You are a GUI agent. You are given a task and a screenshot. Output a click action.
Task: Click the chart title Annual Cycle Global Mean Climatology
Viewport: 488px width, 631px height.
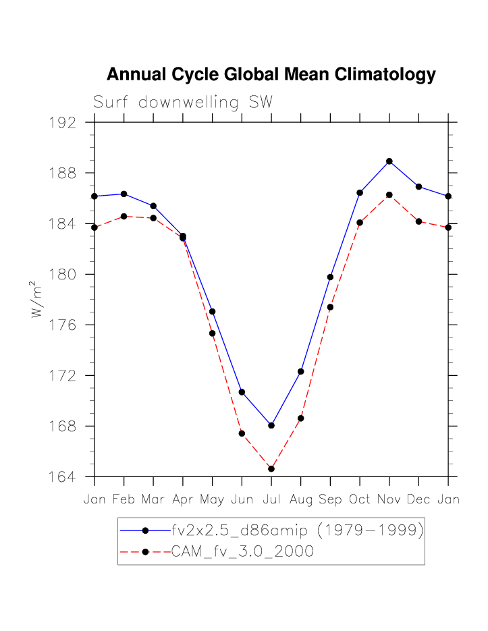(x=271, y=75)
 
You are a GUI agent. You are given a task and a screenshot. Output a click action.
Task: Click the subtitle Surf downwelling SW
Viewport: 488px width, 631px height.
(x=183, y=103)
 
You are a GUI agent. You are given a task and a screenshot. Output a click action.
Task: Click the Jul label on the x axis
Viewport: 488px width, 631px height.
(x=271, y=500)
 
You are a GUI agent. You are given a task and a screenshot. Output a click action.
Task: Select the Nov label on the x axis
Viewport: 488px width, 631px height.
(x=389, y=500)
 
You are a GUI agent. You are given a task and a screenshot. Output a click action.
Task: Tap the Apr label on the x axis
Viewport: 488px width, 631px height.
(x=182, y=500)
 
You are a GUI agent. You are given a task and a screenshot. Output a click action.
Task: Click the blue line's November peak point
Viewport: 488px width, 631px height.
(x=389, y=161)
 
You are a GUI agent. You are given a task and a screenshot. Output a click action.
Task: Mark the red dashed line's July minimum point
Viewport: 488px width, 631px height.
(x=271, y=469)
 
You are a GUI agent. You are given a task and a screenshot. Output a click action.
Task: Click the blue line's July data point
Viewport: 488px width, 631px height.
(x=271, y=425)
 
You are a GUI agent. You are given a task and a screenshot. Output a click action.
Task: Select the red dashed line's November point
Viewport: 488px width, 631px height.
(x=389, y=195)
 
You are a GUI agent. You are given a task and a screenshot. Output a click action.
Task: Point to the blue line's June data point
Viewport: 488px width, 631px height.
(x=242, y=392)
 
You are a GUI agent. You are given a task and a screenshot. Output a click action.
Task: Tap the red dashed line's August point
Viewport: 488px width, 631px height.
(x=300, y=418)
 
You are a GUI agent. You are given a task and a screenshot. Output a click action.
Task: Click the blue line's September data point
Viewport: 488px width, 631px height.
(x=330, y=277)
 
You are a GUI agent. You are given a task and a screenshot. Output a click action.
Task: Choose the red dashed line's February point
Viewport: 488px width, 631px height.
(x=124, y=216)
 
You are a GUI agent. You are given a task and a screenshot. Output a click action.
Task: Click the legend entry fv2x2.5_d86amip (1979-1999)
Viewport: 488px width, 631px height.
(x=297, y=530)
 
